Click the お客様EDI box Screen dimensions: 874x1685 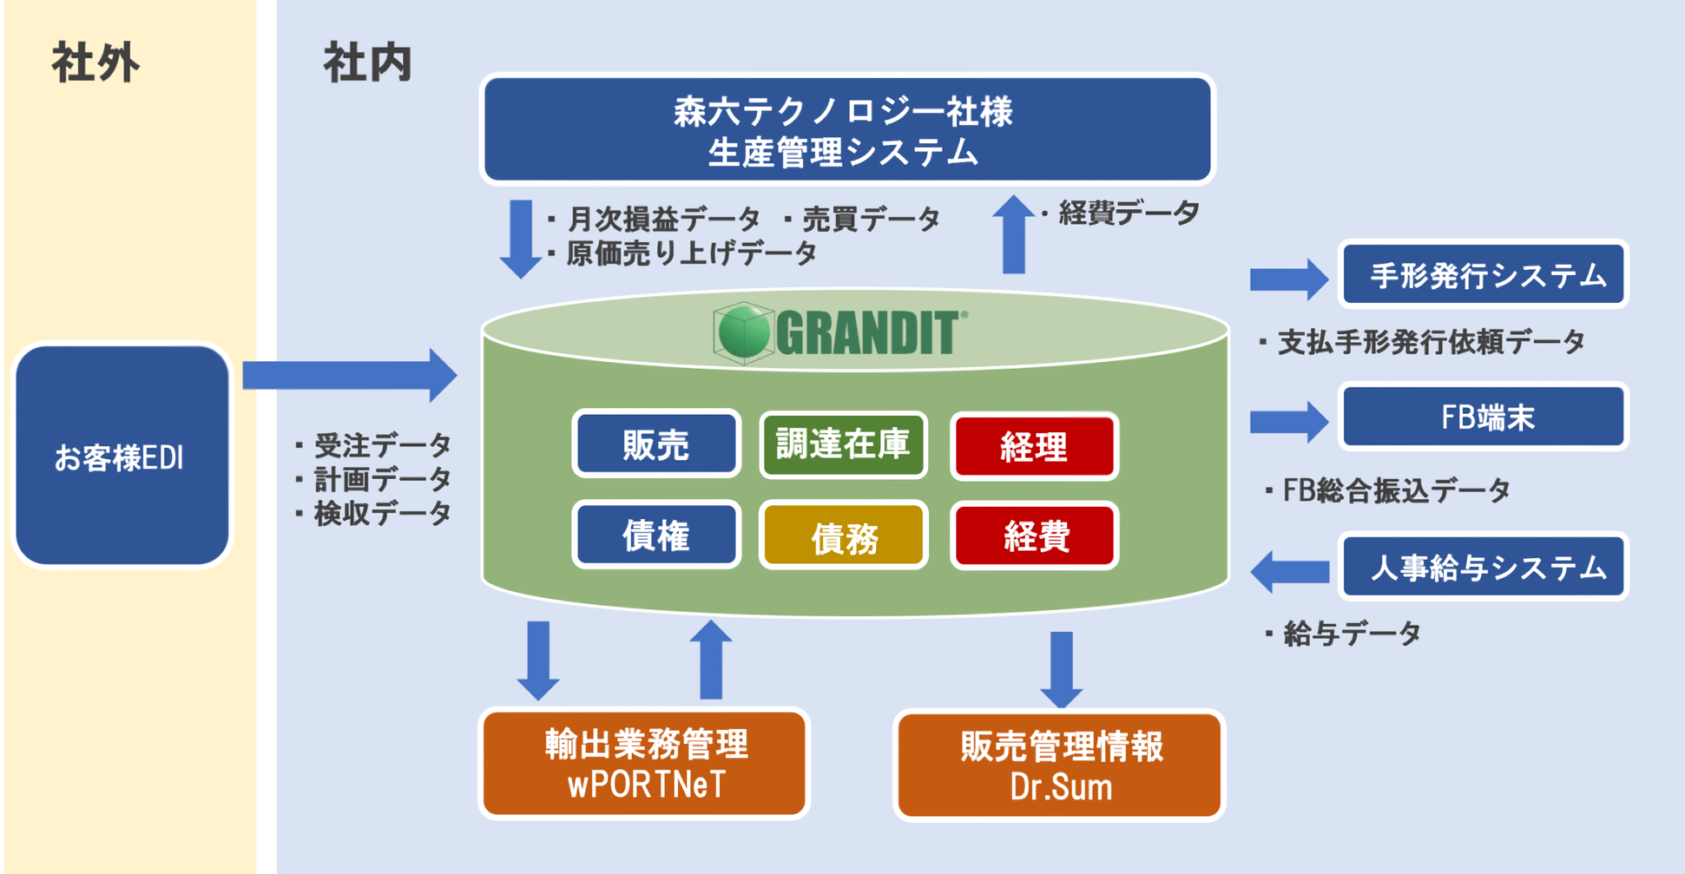pyautogui.click(x=122, y=456)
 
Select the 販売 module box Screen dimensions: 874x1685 pyautogui.click(x=656, y=444)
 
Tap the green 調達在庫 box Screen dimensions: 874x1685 pyautogui.click(x=842, y=444)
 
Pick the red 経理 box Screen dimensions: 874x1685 pyautogui.click(x=1033, y=446)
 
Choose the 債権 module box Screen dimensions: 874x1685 pyautogui.click(x=656, y=535)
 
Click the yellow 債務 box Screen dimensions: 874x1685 pyautogui.click(x=843, y=537)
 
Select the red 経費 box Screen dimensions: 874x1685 pyautogui.click(x=1034, y=536)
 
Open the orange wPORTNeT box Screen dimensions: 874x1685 pyautogui.click(x=645, y=764)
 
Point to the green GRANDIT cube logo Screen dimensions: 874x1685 pyautogui.click(x=743, y=332)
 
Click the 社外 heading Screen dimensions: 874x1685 pyautogui.click(x=95, y=63)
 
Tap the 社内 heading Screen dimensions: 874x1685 pyautogui.click(x=367, y=63)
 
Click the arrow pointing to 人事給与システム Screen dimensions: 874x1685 pyautogui.click(x=1289, y=571)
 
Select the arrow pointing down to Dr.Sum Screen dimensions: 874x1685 pyautogui.click(x=1061, y=668)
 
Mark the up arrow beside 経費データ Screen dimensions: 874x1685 pyautogui.click(x=1014, y=235)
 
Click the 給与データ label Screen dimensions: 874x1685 pyautogui.click(x=1349, y=634)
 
